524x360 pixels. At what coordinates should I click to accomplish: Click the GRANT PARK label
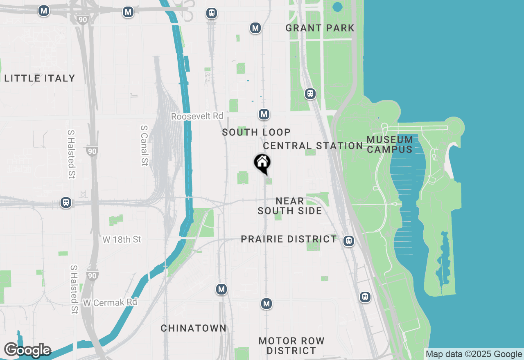pos(320,28)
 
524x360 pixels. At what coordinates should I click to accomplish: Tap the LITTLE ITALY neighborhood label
pos(40,78)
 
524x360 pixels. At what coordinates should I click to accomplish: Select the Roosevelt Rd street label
pos(197,117)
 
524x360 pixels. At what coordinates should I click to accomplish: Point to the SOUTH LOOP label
pos(256,132)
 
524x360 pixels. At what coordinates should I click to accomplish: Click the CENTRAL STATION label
pos(313,146)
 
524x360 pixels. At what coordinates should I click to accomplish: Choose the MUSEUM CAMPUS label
pos(390,144)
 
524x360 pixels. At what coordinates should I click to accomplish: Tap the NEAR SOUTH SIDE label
pos(290,206)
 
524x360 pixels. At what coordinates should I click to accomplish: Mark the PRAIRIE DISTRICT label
pos(289,239)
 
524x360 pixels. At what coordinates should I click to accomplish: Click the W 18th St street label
pos(122,239)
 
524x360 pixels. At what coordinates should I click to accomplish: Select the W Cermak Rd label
pos(110,303)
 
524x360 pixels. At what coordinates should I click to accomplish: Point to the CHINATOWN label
pos(194,328)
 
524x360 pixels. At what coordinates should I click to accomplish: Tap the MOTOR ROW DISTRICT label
pos(291,346)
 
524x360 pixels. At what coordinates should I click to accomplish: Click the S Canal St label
pos(144,145)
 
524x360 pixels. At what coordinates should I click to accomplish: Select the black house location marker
pos(262,163)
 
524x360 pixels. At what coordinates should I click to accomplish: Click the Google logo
pos(27,350)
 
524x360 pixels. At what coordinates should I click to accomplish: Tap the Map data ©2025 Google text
pos(474,354)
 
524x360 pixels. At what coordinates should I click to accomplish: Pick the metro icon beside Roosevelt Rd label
pos(264,114)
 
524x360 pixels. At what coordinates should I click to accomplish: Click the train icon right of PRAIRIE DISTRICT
pos(348,241)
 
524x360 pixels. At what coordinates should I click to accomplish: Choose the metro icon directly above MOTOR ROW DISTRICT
pos(267,304)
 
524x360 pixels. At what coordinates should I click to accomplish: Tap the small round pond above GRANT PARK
pos(337,7)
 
